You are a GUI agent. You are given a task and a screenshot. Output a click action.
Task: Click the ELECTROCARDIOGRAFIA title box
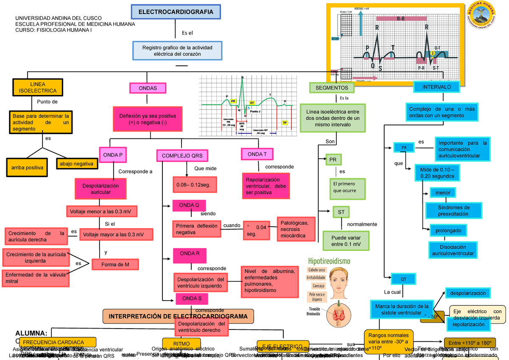(176, 12)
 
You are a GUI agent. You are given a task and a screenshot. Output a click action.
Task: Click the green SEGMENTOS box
(332, 88)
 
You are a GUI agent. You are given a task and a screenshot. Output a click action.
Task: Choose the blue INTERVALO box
(436, 87)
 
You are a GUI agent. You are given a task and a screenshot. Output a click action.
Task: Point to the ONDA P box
(112, 155)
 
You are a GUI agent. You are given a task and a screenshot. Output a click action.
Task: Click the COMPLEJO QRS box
(182, 156)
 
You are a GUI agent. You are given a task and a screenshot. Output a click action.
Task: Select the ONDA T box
(257, 155)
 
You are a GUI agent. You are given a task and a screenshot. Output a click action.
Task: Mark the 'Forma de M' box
(115, 264)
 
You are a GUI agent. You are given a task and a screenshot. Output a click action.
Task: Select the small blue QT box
(403, 279)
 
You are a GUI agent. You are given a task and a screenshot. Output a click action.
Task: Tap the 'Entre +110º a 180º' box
(469, 343)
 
